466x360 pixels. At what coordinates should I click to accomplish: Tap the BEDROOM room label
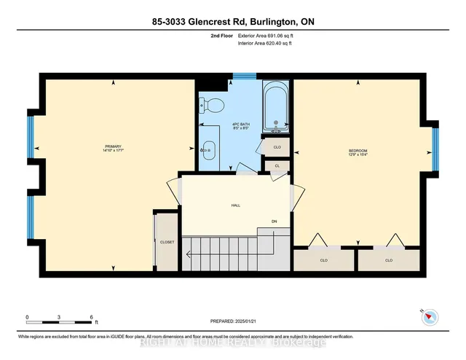pyautogui.click(x=357, y=150)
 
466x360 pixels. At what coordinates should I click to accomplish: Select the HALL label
pyautogui.click(x=236, y=206)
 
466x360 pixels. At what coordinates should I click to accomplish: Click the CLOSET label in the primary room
pyautogui.click(x=167, y=242)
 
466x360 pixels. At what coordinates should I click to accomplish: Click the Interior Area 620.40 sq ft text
pyautogui.click(x=266, y=43)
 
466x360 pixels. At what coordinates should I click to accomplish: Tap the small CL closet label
pyautogui.click(x=277, y=166)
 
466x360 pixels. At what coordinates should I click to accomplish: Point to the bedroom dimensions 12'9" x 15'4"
pyautogui.click(x=357, y=156)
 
